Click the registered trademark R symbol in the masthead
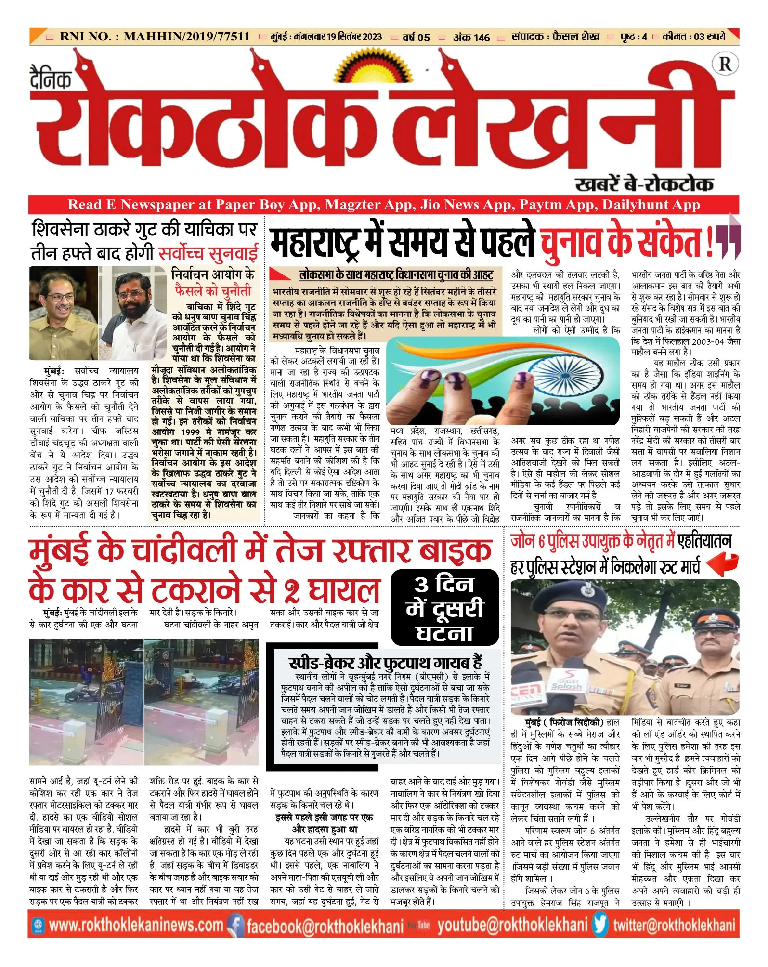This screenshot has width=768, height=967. point(725,64)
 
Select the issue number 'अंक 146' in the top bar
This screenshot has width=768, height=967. point(471,37)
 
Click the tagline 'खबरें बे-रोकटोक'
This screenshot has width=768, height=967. point(644,184)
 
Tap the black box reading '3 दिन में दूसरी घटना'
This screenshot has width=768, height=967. point(444,607)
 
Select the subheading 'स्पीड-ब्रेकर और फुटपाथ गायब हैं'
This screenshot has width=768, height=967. point(385,663)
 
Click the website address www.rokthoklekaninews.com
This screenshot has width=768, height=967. point(136,925)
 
